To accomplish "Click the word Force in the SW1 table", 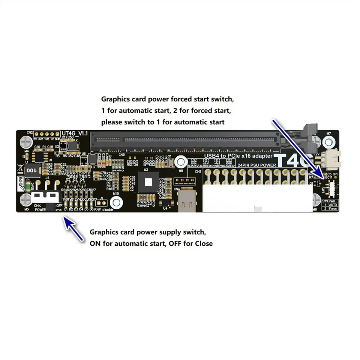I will click(333, 208).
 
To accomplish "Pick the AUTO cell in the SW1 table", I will click(333, 205).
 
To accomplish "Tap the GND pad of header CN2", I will click(57, 134).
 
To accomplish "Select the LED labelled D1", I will click(66, 205).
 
